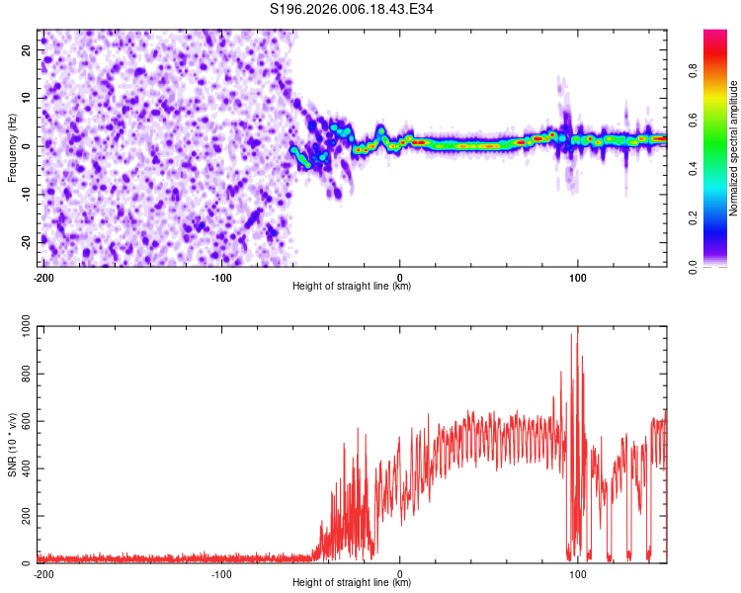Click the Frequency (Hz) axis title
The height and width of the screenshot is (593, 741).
coord(12,147)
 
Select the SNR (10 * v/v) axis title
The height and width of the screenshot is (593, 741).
coord(12,446)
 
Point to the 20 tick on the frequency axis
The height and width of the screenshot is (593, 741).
coord(27,49)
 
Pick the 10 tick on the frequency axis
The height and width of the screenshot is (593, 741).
coord(27,98)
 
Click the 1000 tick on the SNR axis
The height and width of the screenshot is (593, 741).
coord(21,328)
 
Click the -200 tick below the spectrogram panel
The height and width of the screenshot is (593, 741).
coord(43,278)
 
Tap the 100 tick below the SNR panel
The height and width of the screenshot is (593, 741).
coord(578,574)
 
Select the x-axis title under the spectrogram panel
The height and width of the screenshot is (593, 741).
coord(352,287)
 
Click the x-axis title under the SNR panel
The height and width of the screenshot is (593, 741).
coord(352,583)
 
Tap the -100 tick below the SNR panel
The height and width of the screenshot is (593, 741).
coord(221,574)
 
